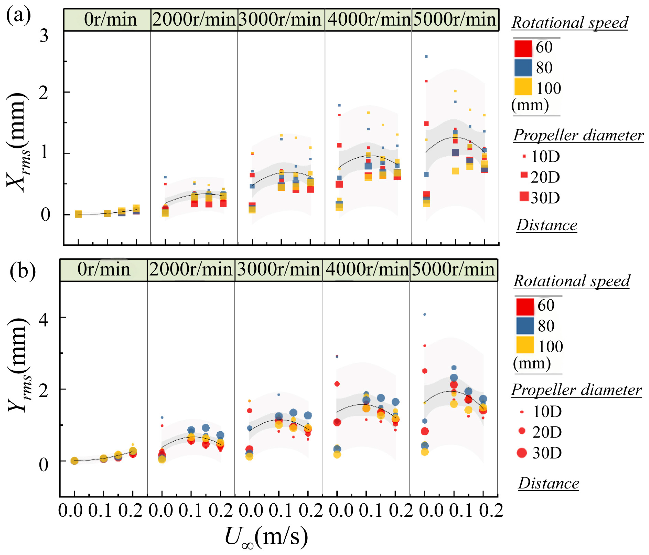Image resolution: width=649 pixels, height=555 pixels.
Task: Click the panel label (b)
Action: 23,271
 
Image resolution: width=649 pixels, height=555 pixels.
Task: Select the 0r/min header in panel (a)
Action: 110,19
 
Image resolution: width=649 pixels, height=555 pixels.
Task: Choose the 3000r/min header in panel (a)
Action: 280,19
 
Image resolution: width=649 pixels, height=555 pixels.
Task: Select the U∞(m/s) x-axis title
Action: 266,537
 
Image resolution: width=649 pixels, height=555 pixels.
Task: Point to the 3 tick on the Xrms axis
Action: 44,36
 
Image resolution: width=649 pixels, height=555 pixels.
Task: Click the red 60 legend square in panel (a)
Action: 523,48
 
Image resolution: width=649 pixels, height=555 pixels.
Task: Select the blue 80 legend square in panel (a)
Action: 523,68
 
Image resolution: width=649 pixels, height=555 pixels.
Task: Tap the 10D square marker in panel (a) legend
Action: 524,156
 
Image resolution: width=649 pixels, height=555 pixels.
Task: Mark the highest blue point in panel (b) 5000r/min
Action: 424,314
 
